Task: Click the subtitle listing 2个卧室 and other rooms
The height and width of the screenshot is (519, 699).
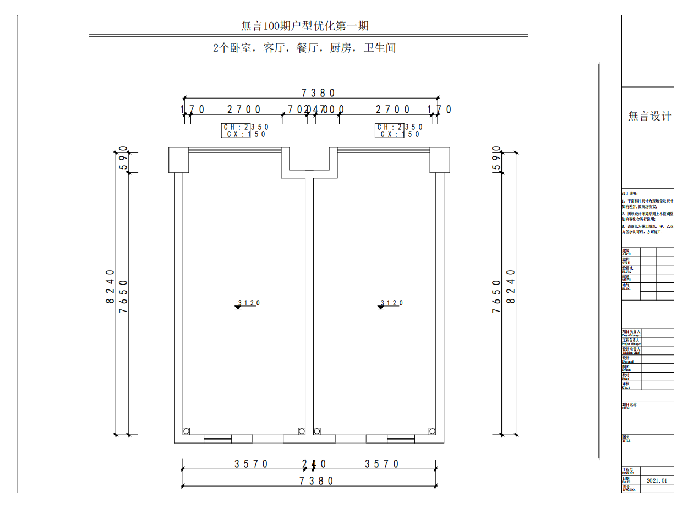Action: [x=304, y=48]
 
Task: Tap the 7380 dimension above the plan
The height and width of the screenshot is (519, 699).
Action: [x=318, y=93]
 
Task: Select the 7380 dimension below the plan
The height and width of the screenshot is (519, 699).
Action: [x=316, y=481]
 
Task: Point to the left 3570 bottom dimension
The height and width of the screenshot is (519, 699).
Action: [x=252, y=464]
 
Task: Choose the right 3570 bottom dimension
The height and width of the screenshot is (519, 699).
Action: [x=382, y=464]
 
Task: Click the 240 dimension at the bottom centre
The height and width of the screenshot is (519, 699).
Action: [x=314, y=464]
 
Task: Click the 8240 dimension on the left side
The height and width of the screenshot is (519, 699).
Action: [x=110, y=286]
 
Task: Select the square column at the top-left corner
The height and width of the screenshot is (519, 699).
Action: [x=178, y=160]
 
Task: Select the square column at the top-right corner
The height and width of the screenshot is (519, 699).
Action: [x=440, y=160]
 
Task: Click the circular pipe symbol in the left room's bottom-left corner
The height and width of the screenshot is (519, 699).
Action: [x=187, y=431]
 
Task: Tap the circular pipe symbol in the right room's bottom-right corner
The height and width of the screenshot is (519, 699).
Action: [x=432, y=431]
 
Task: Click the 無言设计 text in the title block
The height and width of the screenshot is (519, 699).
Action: [x=649, y=117]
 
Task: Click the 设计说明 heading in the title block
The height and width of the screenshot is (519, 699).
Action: [x=629, y=194]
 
